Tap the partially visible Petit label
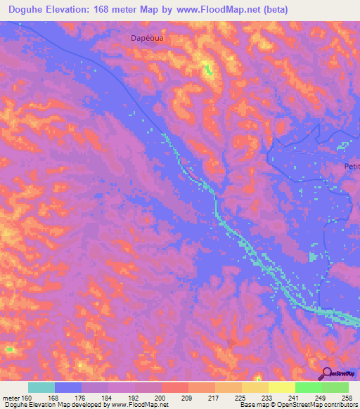352,167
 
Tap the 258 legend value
347,398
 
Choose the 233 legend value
268,398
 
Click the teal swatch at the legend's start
41,387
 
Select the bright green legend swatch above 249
308,387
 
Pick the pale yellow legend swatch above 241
281,387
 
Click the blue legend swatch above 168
68,387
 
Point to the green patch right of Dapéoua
207,69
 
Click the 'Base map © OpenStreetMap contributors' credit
297,405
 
